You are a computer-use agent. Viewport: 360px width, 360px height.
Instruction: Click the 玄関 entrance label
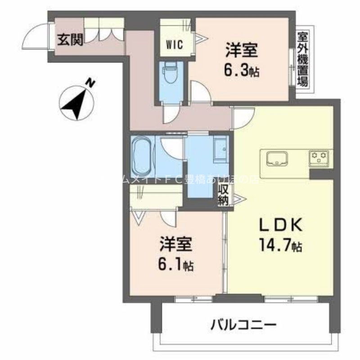click(x=68, y=41)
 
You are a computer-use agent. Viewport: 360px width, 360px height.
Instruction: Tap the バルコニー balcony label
click(x=243, y=324)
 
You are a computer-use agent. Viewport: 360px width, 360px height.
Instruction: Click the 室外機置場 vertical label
click(x=303, y=58)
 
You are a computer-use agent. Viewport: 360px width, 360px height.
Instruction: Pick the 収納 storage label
click(x=224, y=194)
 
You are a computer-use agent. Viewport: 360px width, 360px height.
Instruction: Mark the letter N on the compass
click(x=91, y=83)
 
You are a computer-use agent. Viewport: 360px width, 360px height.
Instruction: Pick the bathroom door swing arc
click(x=169, y=145)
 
